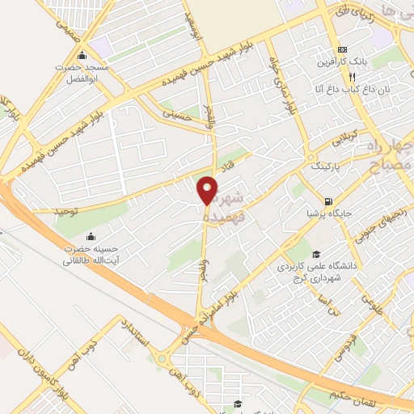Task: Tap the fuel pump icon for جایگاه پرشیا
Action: (x=327, y=201)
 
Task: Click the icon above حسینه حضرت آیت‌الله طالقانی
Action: (x=90, y=237)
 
